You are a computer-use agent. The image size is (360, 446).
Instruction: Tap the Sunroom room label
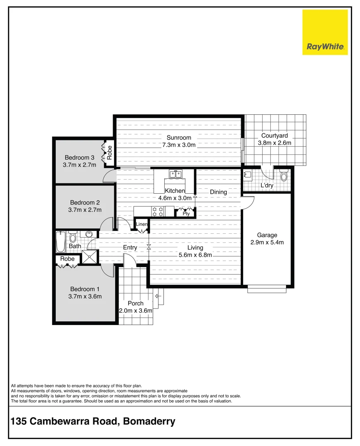coord(179,138)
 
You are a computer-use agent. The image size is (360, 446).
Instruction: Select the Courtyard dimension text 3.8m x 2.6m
coord(275,143)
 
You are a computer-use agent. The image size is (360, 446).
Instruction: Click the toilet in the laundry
coord(283,176)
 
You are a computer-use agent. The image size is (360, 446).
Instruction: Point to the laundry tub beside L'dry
coord(248,176)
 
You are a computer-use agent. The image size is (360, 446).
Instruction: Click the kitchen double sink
coord(175,174)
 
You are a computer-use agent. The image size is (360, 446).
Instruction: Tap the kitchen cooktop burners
coord(157,211)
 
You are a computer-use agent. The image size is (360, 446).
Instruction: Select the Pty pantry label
coord(186,214)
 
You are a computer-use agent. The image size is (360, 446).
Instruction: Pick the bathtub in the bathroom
coord(61,242)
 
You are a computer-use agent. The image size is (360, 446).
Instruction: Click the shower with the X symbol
coord(88,257)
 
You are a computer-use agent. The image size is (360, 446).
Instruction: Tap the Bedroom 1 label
coord(85,289)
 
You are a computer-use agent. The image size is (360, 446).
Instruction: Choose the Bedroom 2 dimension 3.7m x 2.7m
coord(85,210)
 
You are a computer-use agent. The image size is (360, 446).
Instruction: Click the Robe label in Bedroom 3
coord(109,153)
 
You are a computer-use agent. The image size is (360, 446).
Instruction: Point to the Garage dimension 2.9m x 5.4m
coord(267,242)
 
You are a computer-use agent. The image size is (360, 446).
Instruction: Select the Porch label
coord(135,303)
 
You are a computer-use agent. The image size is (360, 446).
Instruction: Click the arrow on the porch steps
coord(157,296)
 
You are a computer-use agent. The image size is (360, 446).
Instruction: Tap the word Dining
coord(218,192)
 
